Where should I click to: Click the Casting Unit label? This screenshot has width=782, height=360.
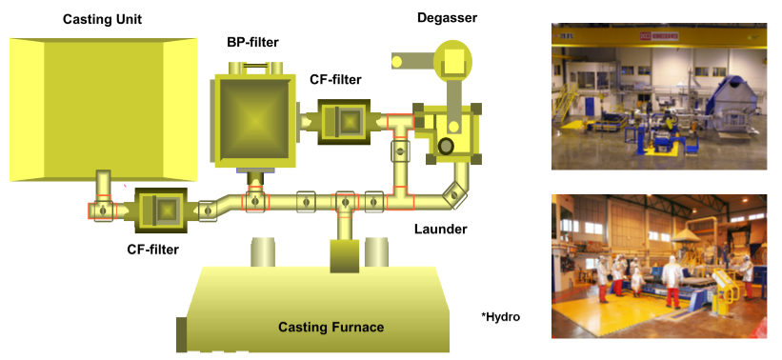coord(102,19)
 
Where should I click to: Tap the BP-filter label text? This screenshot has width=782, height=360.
coord(252,43)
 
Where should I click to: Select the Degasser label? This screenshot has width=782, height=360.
coord(448,18)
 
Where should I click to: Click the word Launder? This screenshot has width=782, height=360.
coord(441,230)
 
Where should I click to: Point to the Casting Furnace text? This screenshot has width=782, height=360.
coord(331,328)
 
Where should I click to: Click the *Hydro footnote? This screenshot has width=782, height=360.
coord(500,316)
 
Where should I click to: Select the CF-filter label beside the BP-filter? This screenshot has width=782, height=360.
coord(335,79)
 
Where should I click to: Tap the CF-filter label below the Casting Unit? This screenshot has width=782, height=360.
coord(152,250)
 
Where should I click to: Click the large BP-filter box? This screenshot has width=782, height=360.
coord(255,121)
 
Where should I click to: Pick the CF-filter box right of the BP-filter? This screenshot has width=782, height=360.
coord(344,122)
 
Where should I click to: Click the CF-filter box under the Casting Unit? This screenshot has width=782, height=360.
coord(161,210)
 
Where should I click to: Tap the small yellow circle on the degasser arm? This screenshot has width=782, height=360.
coord(397,61)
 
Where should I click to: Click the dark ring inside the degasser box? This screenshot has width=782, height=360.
coord(446,146)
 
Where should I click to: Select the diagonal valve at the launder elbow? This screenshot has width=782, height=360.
coord(453,195)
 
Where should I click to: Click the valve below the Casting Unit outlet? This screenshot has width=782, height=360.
coord(103,210)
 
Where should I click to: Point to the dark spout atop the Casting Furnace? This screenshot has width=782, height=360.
coord(345,256)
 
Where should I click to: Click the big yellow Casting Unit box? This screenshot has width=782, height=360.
coord(103,110)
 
